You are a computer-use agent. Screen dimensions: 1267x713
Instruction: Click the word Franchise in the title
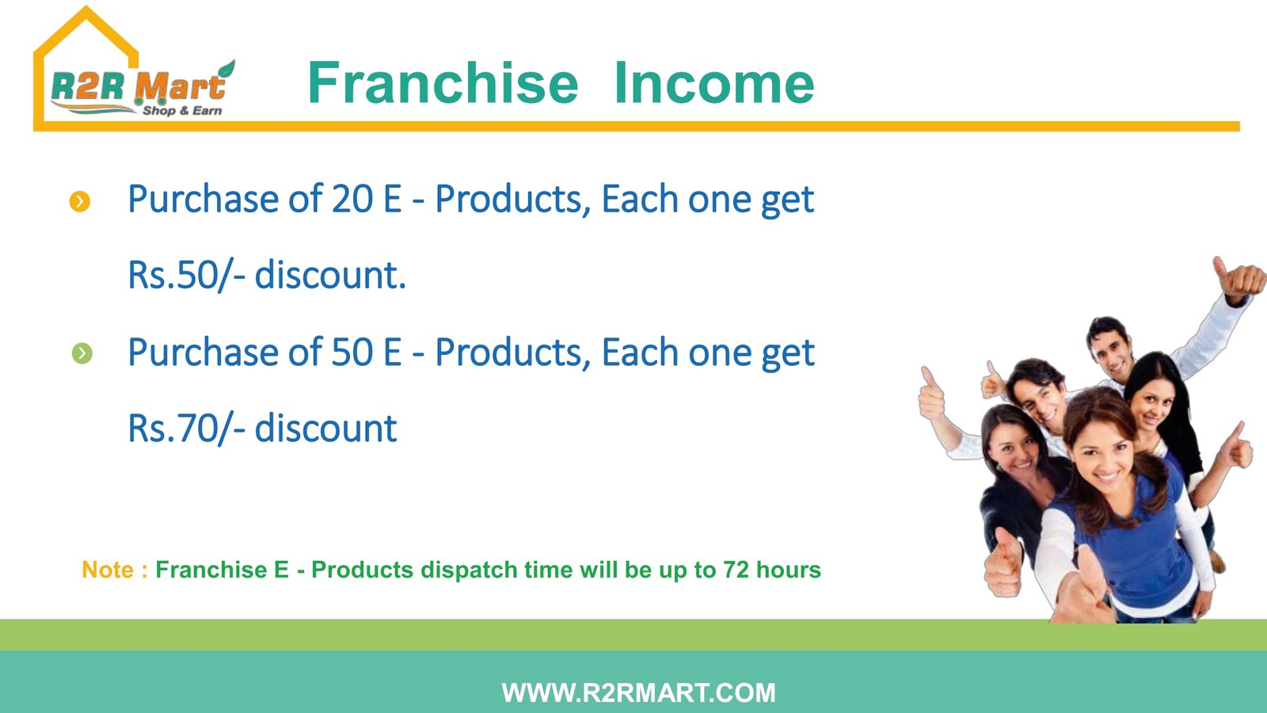[443, 84]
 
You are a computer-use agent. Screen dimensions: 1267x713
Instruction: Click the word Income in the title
[713, 84]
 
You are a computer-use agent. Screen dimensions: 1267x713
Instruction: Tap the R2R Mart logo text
[139, 86]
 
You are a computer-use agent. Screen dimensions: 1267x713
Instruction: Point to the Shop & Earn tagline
[182, 110]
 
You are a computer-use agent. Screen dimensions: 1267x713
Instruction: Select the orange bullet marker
[80, 201]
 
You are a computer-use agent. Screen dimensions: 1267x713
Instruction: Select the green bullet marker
[82, 353]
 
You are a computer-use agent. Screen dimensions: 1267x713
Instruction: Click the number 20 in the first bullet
[352, 199]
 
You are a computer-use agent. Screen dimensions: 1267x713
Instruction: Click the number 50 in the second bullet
[352, 352]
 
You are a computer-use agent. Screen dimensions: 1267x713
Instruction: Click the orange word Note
[108, 570]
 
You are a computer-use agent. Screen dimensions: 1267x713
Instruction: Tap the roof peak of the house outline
[86, 8]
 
